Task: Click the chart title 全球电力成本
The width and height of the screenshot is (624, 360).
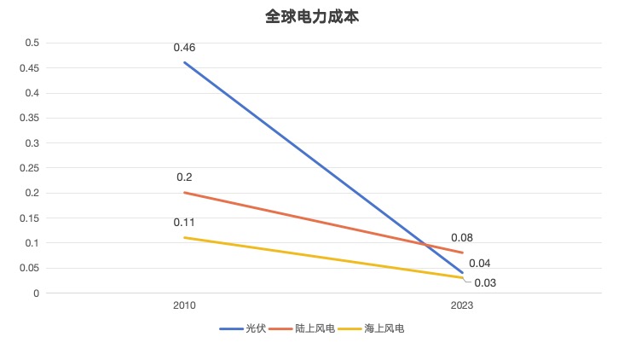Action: pos(312,16)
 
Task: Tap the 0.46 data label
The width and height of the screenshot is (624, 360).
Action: pos(184,48)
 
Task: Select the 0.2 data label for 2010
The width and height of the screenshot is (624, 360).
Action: pos(184,177)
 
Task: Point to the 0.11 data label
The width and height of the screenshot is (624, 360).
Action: pos(184,222)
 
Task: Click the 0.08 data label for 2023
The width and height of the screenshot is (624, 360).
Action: pos(462,238)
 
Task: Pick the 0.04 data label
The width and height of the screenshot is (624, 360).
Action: pos(479,264)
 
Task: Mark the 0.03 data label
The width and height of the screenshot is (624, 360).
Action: pos(485,283)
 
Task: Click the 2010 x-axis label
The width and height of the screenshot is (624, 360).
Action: pos(184,305)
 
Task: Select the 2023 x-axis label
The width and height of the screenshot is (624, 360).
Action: pos(462,305)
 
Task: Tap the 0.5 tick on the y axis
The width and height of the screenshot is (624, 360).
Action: pos(32,43)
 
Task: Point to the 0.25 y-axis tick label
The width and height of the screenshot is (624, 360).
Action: pos(29,168)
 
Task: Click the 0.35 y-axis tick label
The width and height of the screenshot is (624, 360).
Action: pos(29,118)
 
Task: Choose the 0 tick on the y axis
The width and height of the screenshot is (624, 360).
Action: pos(37,293)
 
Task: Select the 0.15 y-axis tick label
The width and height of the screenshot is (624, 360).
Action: pos(29,218)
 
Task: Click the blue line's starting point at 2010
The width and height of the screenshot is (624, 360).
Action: pos(184,62)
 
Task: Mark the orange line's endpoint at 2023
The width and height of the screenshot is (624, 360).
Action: pos(462,253)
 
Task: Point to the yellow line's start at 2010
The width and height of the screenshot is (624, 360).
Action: pos(184,237)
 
